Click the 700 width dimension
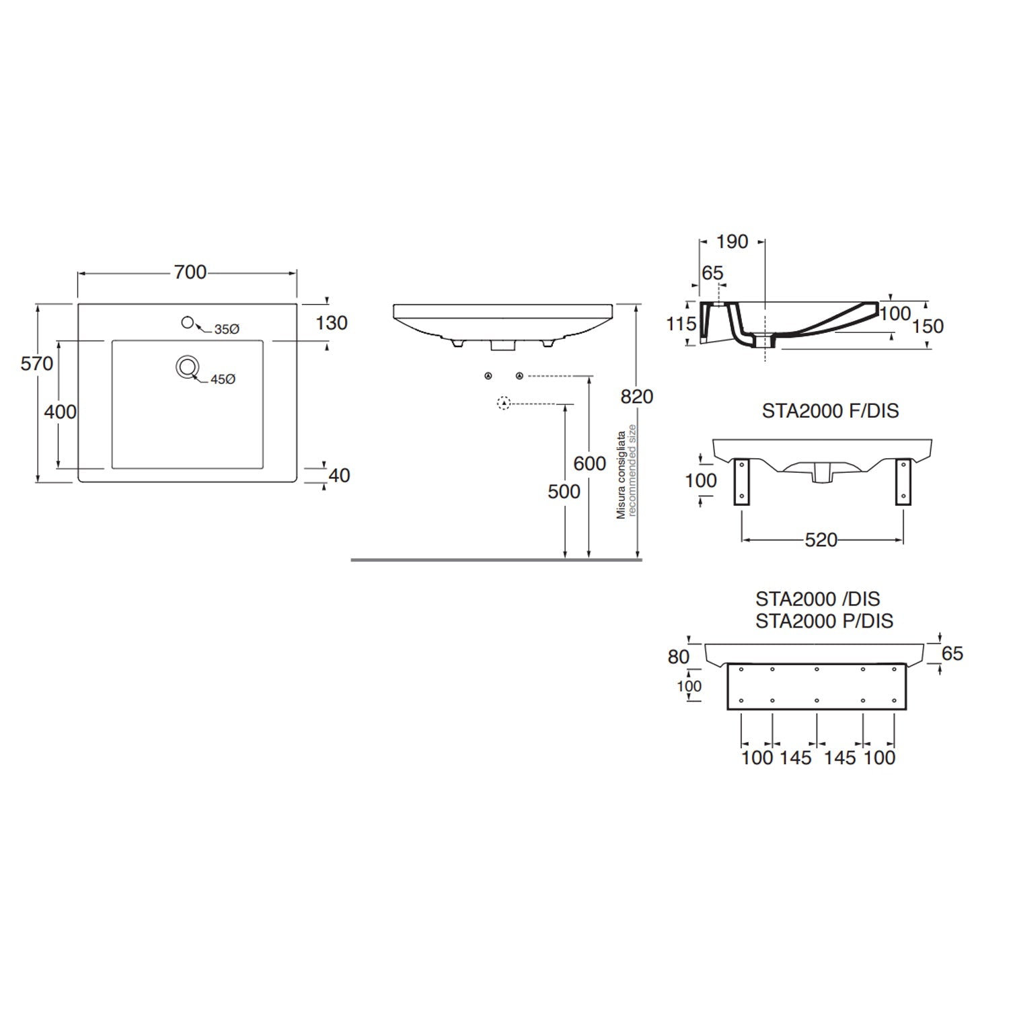190,272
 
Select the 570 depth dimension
36,364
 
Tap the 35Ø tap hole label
227,330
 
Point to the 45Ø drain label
223,379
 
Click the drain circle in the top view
187,367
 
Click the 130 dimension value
332,323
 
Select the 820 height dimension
636,397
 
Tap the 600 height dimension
589,463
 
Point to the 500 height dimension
564,492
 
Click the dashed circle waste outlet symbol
503,404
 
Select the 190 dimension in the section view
733,241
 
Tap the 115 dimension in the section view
681,324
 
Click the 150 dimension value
928,326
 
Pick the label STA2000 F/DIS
830,410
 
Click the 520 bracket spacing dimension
821,540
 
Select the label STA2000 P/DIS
824,621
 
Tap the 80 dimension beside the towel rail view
679,657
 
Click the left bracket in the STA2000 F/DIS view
741,481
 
